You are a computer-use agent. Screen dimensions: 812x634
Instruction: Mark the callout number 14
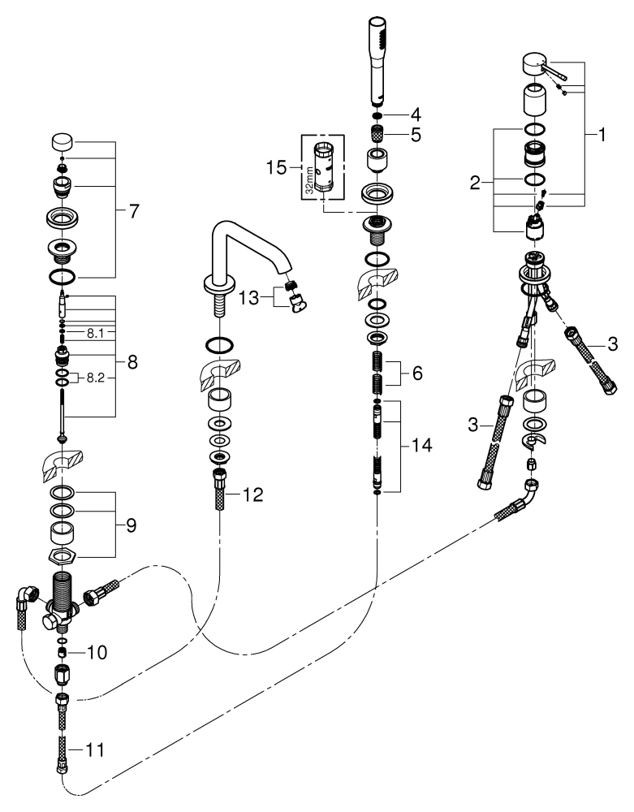click(x=423, y=446)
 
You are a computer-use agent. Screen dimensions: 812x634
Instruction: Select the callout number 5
click(x=416, y=136)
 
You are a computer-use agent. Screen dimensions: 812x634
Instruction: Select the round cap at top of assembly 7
click(x=63, y=143)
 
